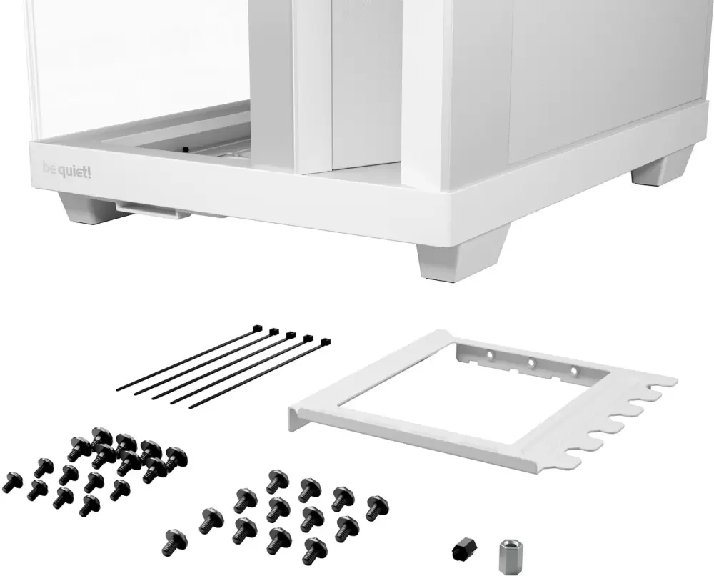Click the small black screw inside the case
pos(185,149)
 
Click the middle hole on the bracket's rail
pos(532,363)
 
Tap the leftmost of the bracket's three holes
pos(491,354)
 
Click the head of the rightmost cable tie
pos(326,343)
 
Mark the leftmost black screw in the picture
pos(11,482)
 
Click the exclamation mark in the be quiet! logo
pos(89,171)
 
